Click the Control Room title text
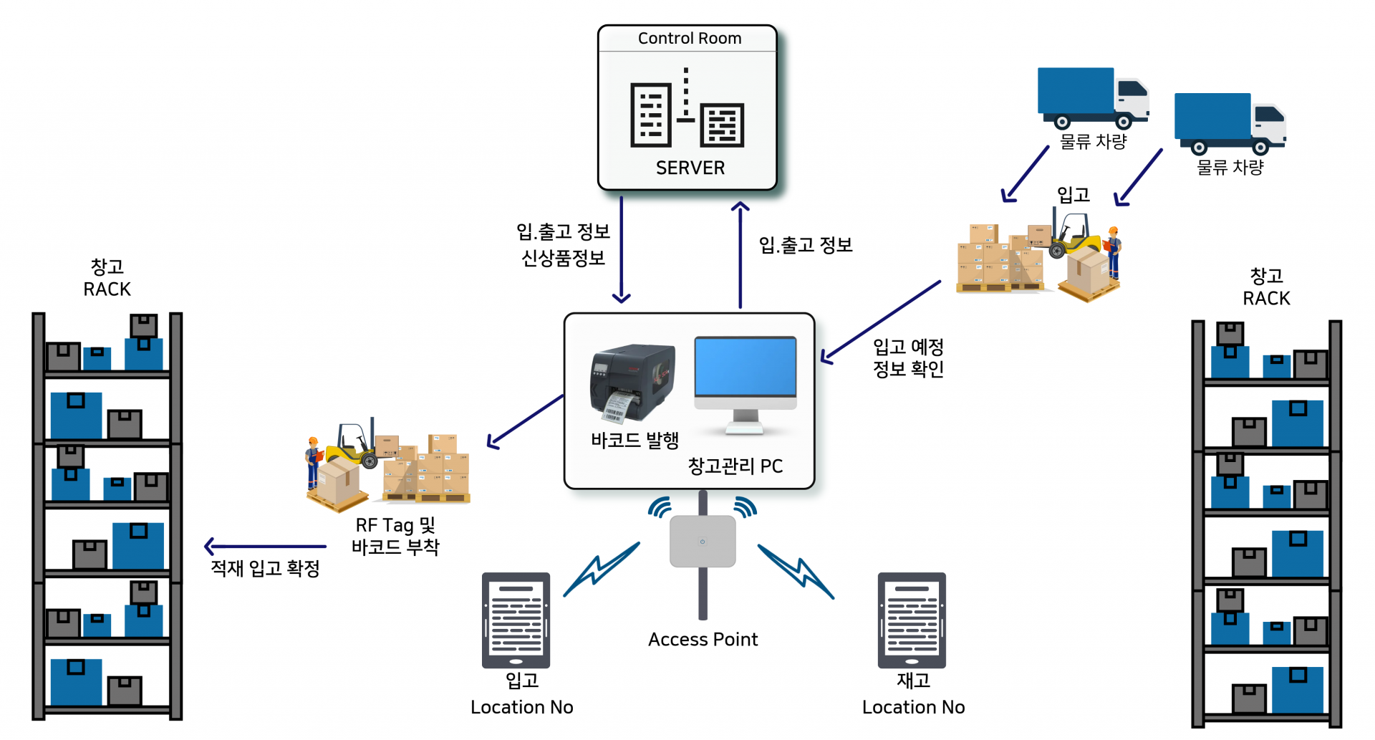click(x=689, y=38)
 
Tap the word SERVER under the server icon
click(x=690, y=168)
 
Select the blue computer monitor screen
click(x=746, y=366)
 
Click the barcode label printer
click(x=633, y=383)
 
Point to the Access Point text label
click(x=703, y=639)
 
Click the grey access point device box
click(x=703, y=542)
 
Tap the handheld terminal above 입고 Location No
click(x=516, y=620)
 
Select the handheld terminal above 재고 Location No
click(x=912, y=620)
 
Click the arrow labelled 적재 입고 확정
click(x=265, y=547)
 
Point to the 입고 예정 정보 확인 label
click(x=908, y=357)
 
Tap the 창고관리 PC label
click(x=735, y=466)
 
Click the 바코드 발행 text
click(x=635, y=440)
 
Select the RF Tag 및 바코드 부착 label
click(x=395, y=536)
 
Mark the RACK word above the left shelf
click(x=107, y=289)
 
